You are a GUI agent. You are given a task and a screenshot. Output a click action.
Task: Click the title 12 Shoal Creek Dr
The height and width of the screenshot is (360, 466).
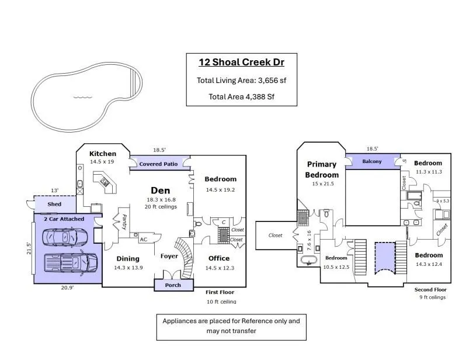click(241, 62)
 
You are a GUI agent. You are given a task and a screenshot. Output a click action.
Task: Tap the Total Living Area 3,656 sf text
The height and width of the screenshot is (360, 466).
click(241, 80)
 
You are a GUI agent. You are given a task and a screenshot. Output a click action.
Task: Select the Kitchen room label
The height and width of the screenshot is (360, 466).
click(103, 154)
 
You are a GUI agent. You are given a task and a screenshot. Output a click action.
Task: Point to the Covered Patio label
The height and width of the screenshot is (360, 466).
click(158, 164)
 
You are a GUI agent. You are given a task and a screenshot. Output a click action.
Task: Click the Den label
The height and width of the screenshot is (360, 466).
click(161, 191)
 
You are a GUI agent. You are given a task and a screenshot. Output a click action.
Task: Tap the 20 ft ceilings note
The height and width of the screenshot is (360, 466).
click(161, 206)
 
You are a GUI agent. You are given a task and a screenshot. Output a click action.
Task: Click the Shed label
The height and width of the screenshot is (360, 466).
click(54, 204)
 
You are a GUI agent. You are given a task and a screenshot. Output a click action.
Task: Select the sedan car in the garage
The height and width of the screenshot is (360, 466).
click(65, 237)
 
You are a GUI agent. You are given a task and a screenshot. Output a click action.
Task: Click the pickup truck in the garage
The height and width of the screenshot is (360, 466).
click(71, 262)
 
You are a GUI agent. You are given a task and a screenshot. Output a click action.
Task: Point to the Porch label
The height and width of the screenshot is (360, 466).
click(173, 285)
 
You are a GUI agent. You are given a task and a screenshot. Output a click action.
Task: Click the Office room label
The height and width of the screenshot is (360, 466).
click(219, 258)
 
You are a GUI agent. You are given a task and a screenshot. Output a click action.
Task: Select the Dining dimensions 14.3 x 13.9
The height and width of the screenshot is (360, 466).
click(128, 268)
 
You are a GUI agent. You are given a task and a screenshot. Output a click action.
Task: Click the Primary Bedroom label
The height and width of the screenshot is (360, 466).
click(322, 169)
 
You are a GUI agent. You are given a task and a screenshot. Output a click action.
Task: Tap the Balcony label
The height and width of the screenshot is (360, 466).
click(372, 161)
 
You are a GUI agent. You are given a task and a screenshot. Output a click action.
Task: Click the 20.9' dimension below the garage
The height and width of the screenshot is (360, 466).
click(68, 288)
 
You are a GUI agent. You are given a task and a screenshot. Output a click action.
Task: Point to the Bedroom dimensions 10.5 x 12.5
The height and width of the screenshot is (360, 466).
click(336, 267)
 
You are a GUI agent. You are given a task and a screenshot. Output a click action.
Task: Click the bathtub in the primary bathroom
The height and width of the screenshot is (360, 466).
click(309, 260)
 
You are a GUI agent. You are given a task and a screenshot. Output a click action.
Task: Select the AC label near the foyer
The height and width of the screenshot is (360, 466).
click(144, 240)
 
